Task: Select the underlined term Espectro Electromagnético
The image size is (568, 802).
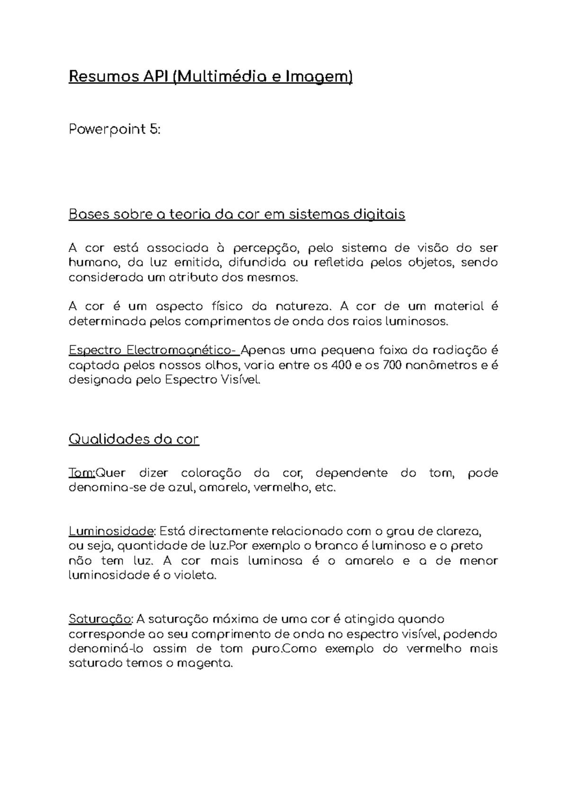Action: pos(152,351)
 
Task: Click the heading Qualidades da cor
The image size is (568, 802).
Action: pos(133,439)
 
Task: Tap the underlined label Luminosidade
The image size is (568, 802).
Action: pos(112,531)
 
